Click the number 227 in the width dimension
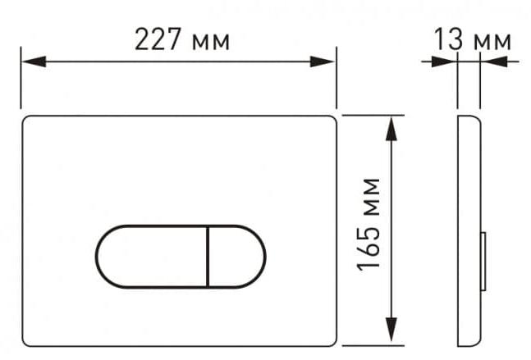pyautogui.click(x=158, y=39)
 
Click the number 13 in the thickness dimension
pyautogui.click(x=448, y=39)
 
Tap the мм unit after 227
pyautogui.click(x=211, y=43)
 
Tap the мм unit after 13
pyautogui.click(x=492, y=42)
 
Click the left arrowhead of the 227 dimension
pyautogui.click(x=34, y=62)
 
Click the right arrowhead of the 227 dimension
pyautogui.click(x=323, y=62)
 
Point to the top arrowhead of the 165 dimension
pyautogui.click(x=391, y=129)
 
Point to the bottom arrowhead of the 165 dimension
pyautogui.click(x=391, y=330)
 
